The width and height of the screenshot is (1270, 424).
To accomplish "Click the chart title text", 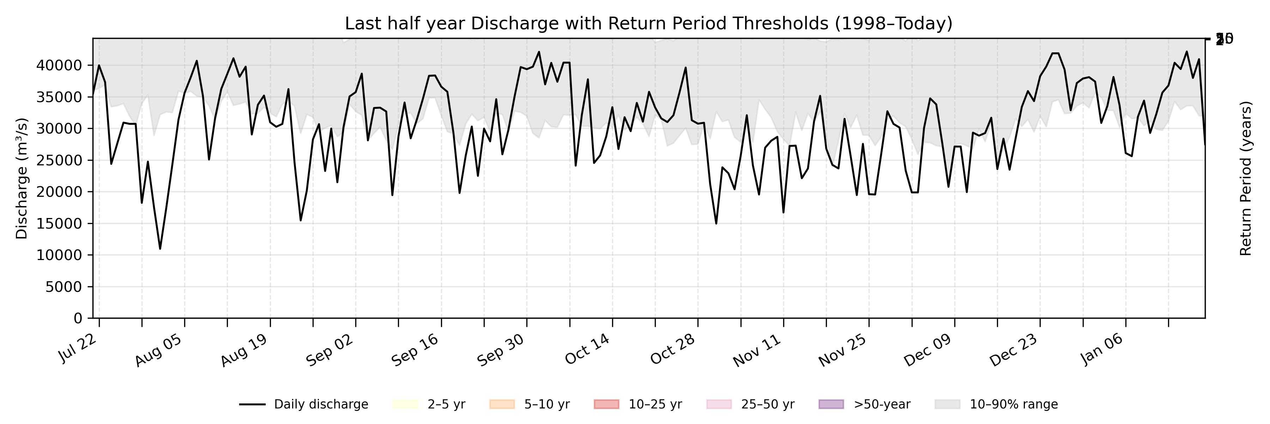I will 648,23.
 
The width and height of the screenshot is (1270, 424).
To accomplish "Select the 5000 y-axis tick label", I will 64,287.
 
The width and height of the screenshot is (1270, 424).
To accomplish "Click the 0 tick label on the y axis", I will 78,318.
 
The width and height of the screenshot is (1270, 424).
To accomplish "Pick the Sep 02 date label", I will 330,350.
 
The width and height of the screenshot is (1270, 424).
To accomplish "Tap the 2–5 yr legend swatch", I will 405,404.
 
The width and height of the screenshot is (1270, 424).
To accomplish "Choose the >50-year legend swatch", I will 831,404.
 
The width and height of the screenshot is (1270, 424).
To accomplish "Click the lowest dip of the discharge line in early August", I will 160,248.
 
